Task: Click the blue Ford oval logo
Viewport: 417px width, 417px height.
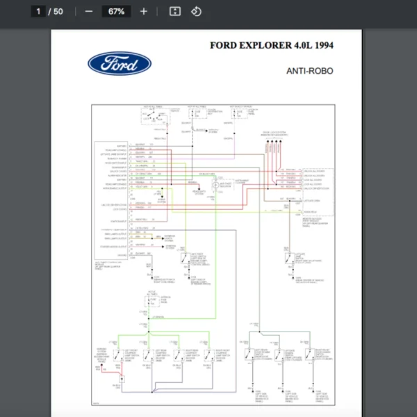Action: pyautogui.click(x=120, y=64)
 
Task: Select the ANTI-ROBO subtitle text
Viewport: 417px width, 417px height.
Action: pyautogui.click(x=310, y=70)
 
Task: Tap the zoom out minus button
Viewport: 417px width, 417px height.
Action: pyautogui.click(x=88, y=11)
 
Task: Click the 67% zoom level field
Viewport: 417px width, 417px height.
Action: pyautogui.click(x=116, y=11)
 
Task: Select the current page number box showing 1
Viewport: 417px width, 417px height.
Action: pyautogui.click(x=39, y=11)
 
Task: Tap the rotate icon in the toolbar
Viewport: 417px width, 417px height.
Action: pyautogui.click(x=196, y=11)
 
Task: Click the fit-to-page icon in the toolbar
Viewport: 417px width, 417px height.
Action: pyautogui.click(x=175, y=11)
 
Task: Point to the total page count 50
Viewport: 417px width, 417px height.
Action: pyautogui.click(x=58, y=11)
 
